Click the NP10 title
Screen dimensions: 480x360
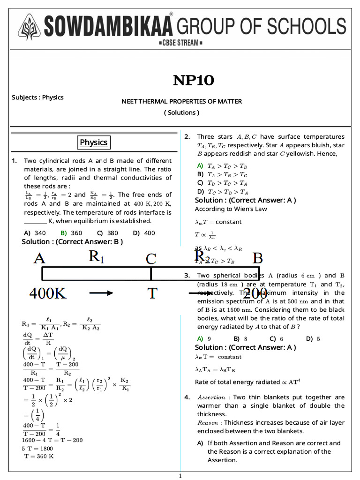coord(193,81)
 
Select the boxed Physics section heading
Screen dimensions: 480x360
coord(93,142)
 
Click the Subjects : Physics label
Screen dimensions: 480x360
coord(37,97)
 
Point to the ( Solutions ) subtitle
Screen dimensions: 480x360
coord(181,112)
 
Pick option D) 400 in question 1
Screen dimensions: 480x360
coord(144,233)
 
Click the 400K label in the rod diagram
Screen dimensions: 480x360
coord(48,293)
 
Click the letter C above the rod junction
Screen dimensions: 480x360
coord(150,259)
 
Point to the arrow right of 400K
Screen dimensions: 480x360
coord(101,293)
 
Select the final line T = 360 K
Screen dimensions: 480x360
coord(38,456)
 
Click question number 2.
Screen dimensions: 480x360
coord(187,137)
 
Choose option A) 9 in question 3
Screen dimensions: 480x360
coord(203,339)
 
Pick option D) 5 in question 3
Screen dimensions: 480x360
coord(313,339)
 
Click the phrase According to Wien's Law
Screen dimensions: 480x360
coord(231,209)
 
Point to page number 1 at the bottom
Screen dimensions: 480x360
coord(180,476)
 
